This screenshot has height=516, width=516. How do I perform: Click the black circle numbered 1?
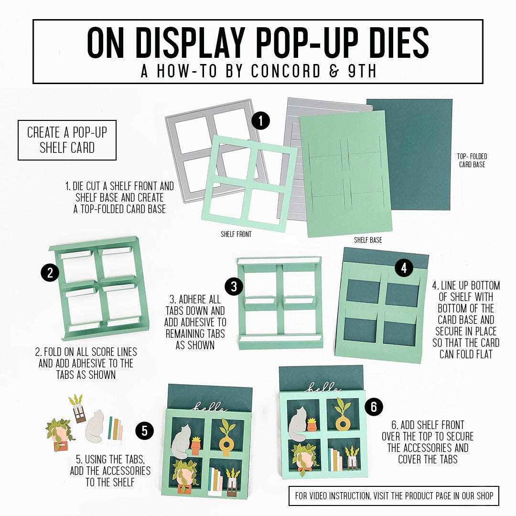click(260, 120)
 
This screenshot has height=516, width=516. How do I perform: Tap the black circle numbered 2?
click(50, 273)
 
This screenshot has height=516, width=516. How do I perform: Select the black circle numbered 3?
click(234, 287)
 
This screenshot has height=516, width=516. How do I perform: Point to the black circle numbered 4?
click(404, 268)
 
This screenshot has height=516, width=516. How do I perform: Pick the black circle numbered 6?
click(374, 407)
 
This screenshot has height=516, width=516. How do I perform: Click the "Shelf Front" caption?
click(236, 235)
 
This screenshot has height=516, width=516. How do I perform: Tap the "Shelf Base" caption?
click(368, 240)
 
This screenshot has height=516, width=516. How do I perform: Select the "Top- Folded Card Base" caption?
click(472, 161)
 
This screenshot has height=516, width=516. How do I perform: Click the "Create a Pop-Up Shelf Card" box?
click(67, 140)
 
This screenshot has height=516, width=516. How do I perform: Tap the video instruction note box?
click(394, 495)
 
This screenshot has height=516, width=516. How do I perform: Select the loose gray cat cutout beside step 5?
click(95, 426)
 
